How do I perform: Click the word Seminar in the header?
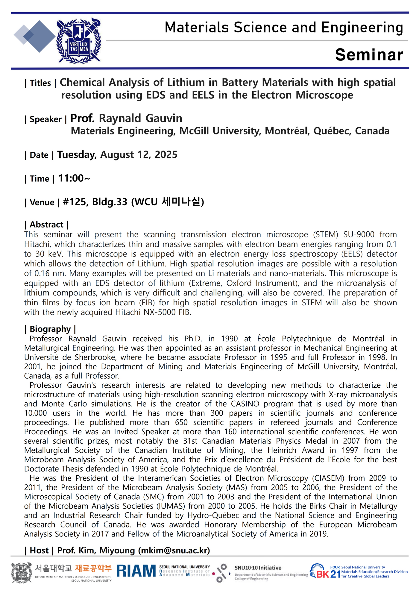tap(369, 55)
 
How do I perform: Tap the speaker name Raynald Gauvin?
tap(140, 119)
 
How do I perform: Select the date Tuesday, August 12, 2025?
tap(117, 155)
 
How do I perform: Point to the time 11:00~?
tap(74, 178)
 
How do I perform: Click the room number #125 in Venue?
tap(75, 202)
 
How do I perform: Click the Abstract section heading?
tap(46, 225)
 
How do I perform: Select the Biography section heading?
tap(50, 329)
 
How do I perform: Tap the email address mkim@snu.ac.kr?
tap(174, 550)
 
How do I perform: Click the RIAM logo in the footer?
tap(136, 571)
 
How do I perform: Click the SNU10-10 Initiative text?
tap(258, 568)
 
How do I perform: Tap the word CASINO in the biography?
tap(245, 404)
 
